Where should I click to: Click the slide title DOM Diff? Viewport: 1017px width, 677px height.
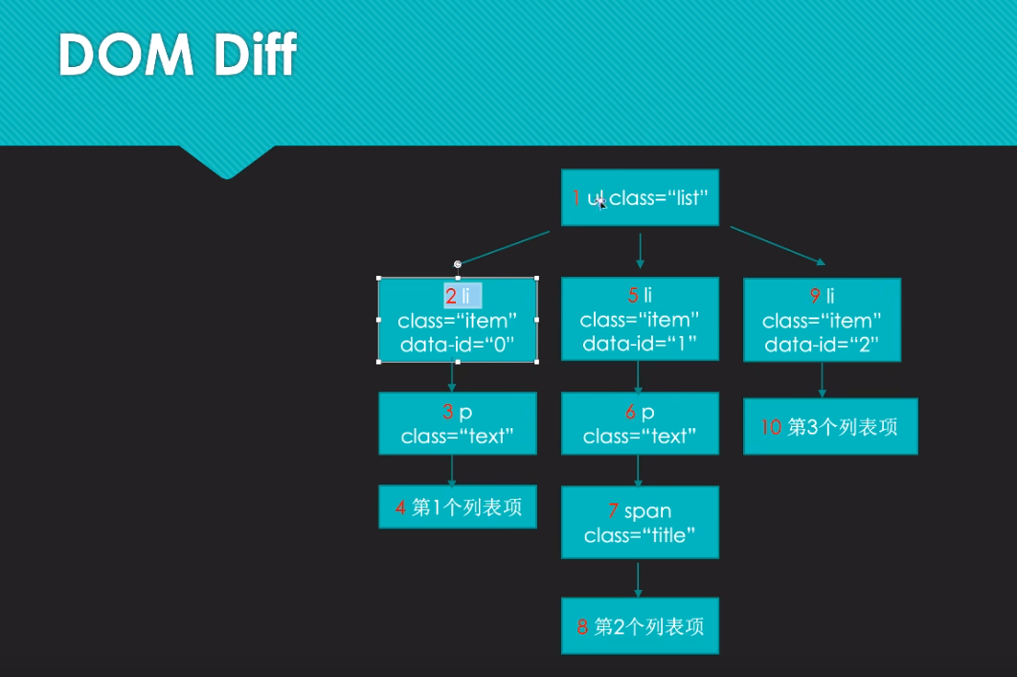[x=178, y=55]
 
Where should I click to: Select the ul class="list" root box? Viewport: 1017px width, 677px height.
[x=640, y=198]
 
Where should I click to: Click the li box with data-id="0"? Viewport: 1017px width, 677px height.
[x=457, y=321]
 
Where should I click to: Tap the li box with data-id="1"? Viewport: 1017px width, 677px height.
[x=640, y=319]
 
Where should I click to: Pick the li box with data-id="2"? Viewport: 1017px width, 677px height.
[x=822, y=320]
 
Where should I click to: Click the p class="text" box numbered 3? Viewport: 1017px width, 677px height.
[x=457, y=423]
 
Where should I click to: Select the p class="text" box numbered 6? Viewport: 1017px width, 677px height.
[x=640, y=423]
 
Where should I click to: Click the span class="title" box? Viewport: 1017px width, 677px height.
[x=640, y=523]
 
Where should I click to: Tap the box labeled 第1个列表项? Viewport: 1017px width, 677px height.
[x=457, y=507]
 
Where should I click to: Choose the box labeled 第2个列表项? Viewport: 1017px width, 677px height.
[x=640, y=627]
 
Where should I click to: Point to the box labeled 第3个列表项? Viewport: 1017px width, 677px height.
[x=830, y=427]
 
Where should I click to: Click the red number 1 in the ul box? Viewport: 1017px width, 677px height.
[x=576, y=198]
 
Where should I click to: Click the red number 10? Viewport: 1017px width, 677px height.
[x=771, y=427]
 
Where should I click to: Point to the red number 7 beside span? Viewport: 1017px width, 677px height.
[x=613, y=511]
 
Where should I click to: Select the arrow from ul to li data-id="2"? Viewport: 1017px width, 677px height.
[x=777, y=244]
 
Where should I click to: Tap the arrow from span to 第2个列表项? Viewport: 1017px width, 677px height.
[x=639, y=579]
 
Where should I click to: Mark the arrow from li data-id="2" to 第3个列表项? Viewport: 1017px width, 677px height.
[x=822, y=379]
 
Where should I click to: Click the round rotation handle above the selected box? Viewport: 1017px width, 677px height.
[x=458, y=264]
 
